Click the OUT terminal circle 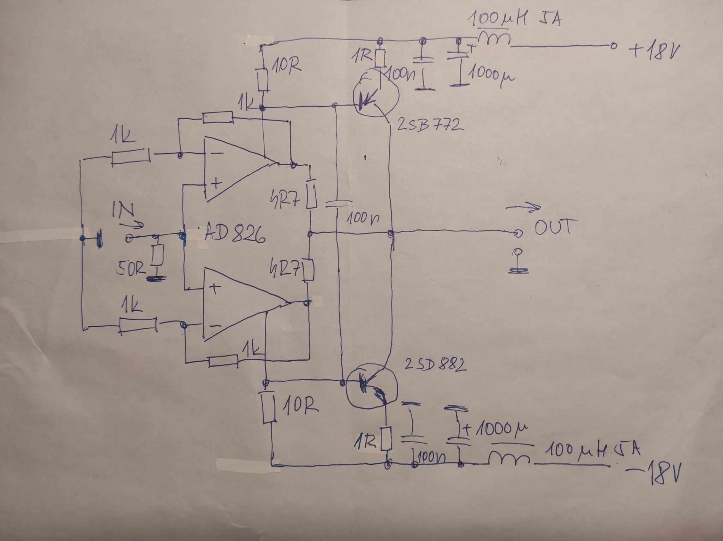pos(518,233)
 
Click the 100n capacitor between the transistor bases pos(338,204)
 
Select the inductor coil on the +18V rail pos(494,40)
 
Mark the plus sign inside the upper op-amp pos(216,183)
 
